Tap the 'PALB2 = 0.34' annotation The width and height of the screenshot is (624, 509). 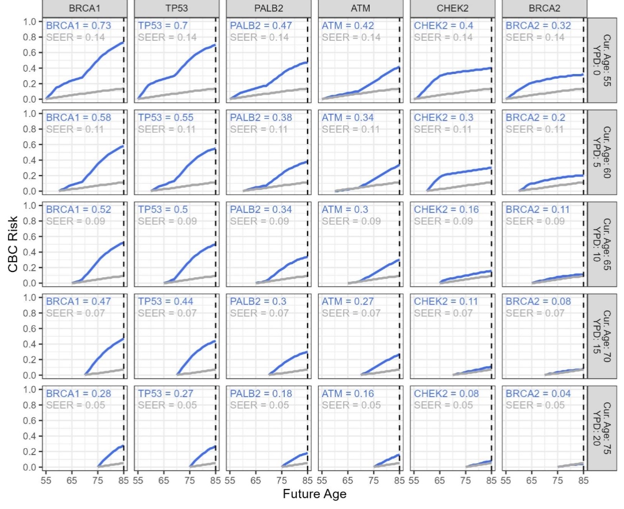[x=261, y=209]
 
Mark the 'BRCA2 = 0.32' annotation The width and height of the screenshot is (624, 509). [x=536, y=26]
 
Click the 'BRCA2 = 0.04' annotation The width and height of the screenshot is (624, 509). [x=536, y=393]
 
